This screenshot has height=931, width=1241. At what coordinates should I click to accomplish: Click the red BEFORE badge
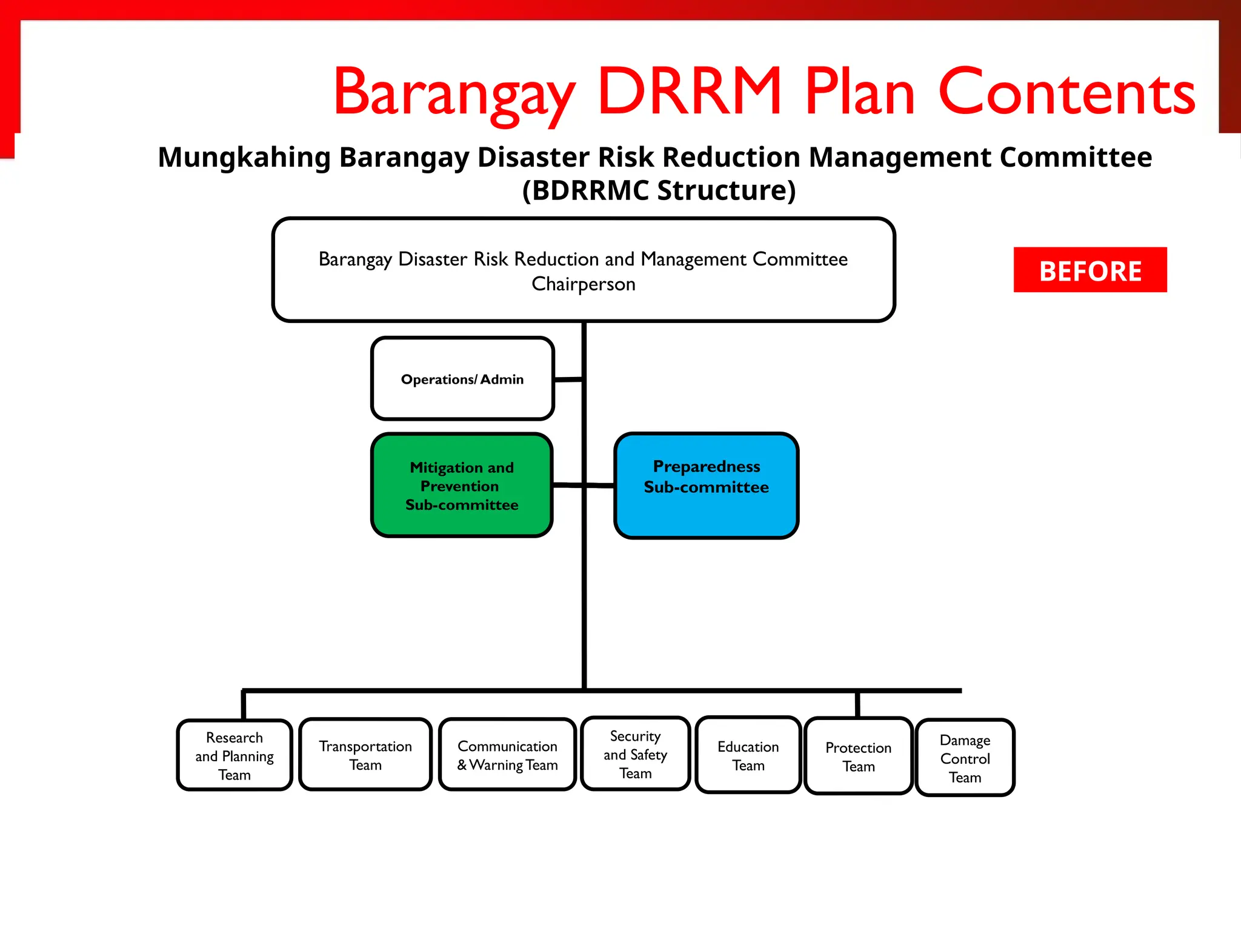coord(1090,270)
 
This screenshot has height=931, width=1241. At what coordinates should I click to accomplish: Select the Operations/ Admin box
coord(462,379)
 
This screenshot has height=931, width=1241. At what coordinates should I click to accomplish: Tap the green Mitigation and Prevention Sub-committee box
coord(462,486)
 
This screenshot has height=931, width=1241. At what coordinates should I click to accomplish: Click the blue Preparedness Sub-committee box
coord(706,486)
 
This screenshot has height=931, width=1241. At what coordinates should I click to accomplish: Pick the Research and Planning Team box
coord(235,755)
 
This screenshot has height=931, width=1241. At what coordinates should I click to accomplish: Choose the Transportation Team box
coord(365,755)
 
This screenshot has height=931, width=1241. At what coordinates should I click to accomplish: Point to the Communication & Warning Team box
coord(507,755)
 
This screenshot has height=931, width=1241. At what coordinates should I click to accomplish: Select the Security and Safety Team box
coord(635,754)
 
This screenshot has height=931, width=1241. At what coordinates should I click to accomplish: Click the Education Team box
coord(748,755)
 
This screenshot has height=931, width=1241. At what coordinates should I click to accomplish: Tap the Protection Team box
coord(858,756)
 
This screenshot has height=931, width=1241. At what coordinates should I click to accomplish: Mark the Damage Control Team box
coord(965,758)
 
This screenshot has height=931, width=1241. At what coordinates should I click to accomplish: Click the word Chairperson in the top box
coord(584,284)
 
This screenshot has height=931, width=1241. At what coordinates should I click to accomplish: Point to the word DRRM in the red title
coord(690,92)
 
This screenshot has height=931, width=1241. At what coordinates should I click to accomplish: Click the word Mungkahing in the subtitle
coord(244,158)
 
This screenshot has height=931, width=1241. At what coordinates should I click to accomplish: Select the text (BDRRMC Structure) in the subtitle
coord(659,190)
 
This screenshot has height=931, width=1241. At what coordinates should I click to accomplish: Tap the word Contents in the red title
coord(1066,92)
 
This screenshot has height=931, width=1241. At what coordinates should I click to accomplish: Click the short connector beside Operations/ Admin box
coord(568,380)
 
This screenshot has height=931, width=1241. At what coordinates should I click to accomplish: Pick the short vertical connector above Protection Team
coord(857,704)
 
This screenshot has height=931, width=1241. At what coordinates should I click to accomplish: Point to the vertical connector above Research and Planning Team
coord(244,705)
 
